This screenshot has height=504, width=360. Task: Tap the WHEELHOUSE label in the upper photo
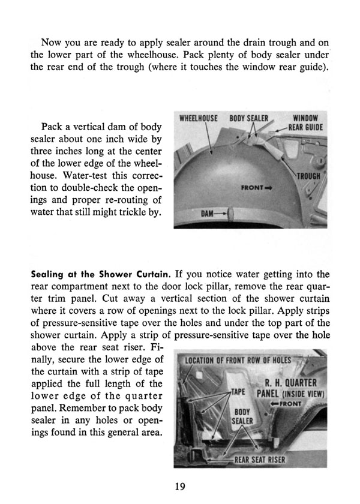click(199, 119)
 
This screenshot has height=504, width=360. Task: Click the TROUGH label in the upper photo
click(311, 176)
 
